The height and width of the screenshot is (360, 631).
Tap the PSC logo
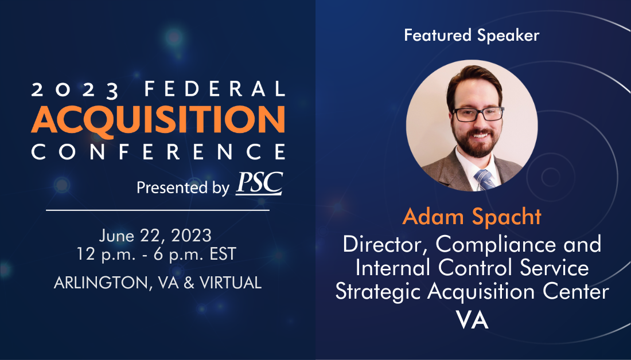(x=259, y=183)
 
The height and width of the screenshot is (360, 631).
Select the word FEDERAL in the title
(x=215, y=89)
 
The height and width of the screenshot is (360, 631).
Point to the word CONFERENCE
(x=158, y=152)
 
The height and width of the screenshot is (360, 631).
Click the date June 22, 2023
(x=155, y=236)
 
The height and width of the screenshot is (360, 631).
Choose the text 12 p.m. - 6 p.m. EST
(x=157, y=254)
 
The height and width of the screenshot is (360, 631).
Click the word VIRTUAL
(x=231, y=283)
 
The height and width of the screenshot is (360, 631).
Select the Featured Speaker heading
(x=472, y=36)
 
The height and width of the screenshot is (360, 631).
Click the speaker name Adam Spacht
(x=472, y=217)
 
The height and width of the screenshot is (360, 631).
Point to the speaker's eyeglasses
(x=478, y=114)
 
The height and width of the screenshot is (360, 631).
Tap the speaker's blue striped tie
(x=485, y=180)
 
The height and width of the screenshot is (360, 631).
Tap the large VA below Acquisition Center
(x=473, y=320)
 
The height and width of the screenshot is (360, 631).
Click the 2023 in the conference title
(x=75, y=89)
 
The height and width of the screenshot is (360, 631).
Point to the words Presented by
(x=183, y=188)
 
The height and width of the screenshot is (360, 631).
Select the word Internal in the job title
(x=393, y=268)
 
